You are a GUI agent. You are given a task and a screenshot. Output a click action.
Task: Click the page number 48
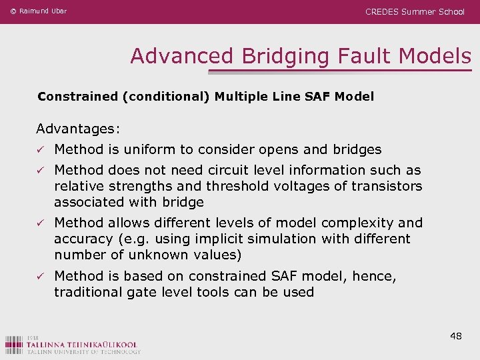coord(456,336)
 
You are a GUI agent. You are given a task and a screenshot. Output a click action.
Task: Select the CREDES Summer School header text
coord(415,11)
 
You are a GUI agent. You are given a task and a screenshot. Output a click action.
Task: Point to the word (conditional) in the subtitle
coord(166,97)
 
